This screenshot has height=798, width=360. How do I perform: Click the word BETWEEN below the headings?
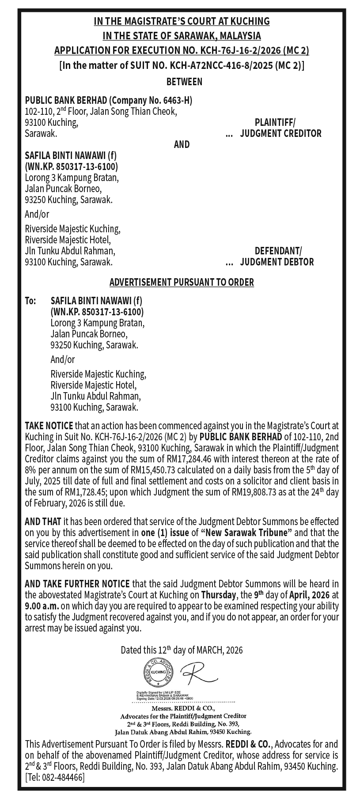point(184,82)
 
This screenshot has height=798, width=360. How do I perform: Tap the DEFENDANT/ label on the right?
point(277,251)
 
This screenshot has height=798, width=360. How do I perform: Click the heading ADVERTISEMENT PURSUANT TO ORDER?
point(182,282)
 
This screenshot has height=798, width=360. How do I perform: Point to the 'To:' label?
point(30,301)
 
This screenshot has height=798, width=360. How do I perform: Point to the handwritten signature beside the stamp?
point(197,673)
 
